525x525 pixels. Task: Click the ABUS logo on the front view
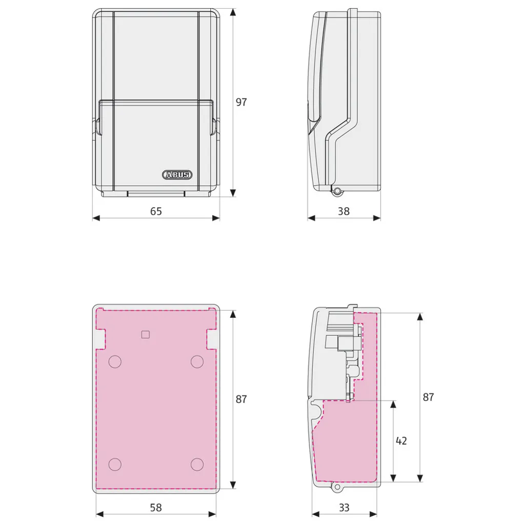coord(177,174)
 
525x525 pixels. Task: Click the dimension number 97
coord(241,102)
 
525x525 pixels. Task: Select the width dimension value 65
coord(156,211)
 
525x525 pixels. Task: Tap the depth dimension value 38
coord(344,211)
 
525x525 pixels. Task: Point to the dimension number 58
coord(156,508)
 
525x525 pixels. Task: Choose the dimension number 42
coord(401,440)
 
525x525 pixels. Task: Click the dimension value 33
coord(344,508)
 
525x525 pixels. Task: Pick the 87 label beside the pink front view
coord(241,399)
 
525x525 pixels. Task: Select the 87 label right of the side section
coord(428,397)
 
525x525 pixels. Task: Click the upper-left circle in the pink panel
coord(115,361)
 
